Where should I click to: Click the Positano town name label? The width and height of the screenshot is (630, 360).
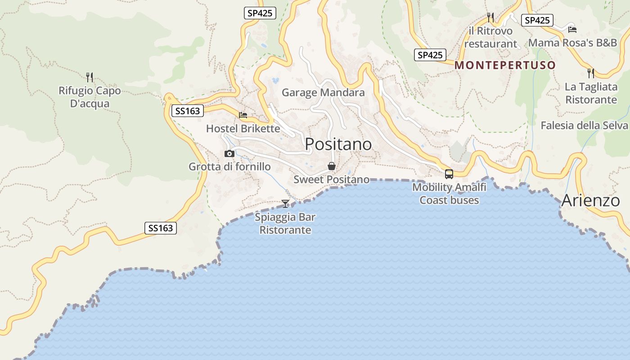tap(338, 144)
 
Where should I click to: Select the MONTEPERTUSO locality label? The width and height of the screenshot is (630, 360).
tap(505, 65)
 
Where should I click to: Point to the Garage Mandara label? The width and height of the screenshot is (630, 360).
tap(323, 93)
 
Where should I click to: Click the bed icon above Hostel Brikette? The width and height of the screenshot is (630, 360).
tap(243, 115)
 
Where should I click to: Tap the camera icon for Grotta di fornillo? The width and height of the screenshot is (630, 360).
tap(229, 154)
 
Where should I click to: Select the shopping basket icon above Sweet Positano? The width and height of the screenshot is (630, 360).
tap(332, 166)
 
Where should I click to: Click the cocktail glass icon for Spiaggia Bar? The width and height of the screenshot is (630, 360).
tap(285, 204)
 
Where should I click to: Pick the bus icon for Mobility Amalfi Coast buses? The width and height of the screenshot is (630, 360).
tap(449, 174)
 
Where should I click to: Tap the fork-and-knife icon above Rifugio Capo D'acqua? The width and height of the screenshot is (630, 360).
tap(90, 77)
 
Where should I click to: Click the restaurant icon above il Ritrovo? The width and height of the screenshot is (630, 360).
tap(490, 18)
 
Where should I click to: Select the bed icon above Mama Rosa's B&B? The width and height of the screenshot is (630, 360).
tap(572, 30)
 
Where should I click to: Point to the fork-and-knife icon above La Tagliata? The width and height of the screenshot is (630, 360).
tap(591, 73)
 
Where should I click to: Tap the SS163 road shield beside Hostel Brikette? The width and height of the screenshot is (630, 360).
tap(188, 111)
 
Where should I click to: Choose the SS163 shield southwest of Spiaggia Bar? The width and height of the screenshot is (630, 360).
tap(161, 228)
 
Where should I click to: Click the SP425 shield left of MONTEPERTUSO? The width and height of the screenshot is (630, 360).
tap(430, 55)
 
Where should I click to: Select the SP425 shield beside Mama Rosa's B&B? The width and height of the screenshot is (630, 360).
tap(537, 20)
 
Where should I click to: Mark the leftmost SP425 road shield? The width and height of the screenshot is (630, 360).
tap(260, 13)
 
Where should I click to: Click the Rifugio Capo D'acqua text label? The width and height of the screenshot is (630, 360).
tap(90, 97)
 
